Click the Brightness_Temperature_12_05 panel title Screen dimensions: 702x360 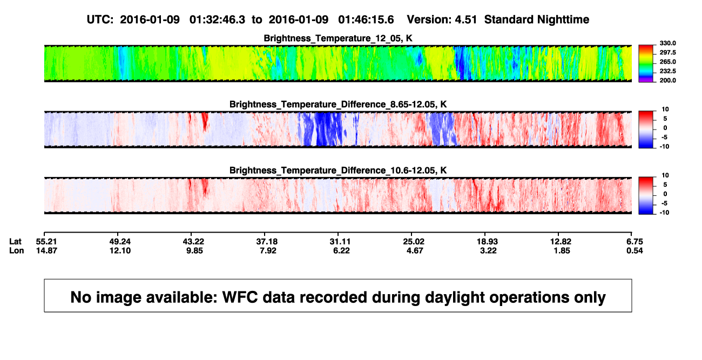[x=338, y=38]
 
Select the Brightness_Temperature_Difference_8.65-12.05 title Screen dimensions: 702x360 [x=338, y=104]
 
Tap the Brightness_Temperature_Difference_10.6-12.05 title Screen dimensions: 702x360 [x=338, y=171]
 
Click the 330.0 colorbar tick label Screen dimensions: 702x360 [x=667, y=43]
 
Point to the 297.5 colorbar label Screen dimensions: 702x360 [x=667, y=52]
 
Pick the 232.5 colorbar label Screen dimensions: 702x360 [x=667, y=71]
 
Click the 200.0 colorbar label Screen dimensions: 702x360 [x=667, y=80]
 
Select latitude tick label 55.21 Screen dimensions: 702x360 [x=46, y=242]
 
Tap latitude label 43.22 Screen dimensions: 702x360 [x=193, y=242]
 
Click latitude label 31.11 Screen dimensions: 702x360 [x=340, y=242]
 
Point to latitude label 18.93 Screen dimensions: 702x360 [x=487, y=242]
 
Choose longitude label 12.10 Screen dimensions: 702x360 [x=120, y=250]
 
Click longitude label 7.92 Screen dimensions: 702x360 [x=268, y=250]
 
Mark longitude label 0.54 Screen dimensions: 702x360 [x=634, y=250]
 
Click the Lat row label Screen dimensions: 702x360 [x=15, y=242]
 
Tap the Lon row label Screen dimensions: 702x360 [x=17, y=250]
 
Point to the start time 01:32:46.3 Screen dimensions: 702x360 [x=217, y=20]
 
